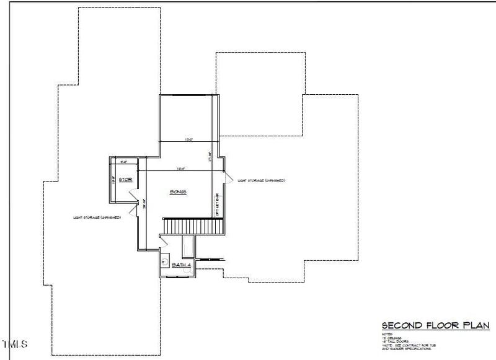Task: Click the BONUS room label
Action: (179, 192)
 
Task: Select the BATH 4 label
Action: (181, 265)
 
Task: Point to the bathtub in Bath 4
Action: (187, 247)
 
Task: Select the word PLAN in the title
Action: (476, 325)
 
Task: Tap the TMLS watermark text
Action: (15, 343)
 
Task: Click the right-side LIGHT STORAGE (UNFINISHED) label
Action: (261, 180)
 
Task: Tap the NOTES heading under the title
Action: (386, 333)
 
